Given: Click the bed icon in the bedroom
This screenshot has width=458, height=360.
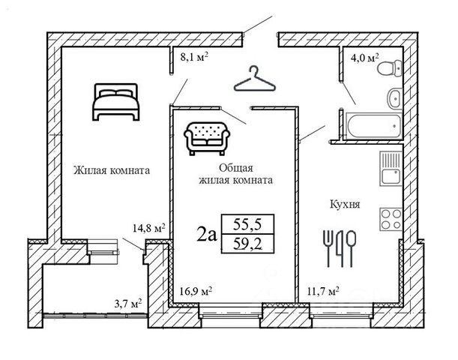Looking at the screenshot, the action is (x=116, y=102).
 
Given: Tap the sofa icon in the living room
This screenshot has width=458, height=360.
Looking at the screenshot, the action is (x=207, y=138).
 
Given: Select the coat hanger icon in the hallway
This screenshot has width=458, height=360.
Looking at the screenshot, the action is (x=255, y=79).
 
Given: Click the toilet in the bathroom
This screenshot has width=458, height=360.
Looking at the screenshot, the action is (x=390, y=68).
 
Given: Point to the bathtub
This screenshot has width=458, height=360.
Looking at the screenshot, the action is (x=373, y=126).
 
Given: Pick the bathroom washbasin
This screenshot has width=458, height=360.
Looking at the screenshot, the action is (x=394, y=98).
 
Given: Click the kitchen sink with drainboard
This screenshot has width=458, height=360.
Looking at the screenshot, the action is (x=391, y=169).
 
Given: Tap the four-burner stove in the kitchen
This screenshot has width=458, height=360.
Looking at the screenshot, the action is (x=391, y=220).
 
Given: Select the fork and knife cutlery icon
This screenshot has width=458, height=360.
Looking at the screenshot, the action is (x=340, y=248).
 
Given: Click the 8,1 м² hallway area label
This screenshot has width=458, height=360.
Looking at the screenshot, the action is (x=194, y=57).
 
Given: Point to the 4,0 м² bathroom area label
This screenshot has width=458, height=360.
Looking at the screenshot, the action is (x=364, y=57).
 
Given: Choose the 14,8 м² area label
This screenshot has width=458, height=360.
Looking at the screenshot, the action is (x=149, y=228).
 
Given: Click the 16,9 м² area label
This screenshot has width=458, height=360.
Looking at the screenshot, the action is (x=196, y=291).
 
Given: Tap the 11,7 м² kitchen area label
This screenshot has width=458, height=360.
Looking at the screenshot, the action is (x=323, y=291).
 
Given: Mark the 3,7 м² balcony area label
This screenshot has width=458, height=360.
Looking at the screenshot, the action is (x=128, y=304).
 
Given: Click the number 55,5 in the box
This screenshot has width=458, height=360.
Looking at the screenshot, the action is (x=247, y=224).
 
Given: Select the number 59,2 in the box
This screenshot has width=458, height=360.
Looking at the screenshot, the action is (x=247, y=244).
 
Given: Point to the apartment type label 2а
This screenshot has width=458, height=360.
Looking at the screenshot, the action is (x=207, y=235).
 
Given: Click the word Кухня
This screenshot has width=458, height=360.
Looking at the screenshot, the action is (x=345, y=204).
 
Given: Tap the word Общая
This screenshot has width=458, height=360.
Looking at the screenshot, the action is (x=235, y=168).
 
